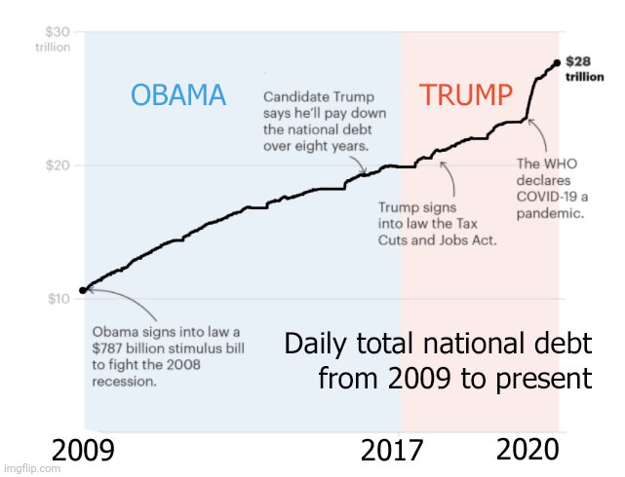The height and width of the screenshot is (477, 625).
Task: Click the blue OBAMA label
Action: (178, 95)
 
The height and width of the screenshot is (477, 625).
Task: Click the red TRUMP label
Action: (465, 95)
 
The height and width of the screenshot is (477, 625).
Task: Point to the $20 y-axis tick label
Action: (58, 165)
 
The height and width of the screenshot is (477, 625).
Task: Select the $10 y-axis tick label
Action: (58, 298)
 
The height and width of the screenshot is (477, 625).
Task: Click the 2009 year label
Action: (83, 452)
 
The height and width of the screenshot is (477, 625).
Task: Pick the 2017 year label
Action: (393, 452)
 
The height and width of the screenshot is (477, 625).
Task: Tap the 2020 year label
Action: (527, 450)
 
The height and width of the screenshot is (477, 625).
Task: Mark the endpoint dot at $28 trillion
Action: (556, 63)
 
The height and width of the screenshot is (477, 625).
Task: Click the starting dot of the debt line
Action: (83, 290)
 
